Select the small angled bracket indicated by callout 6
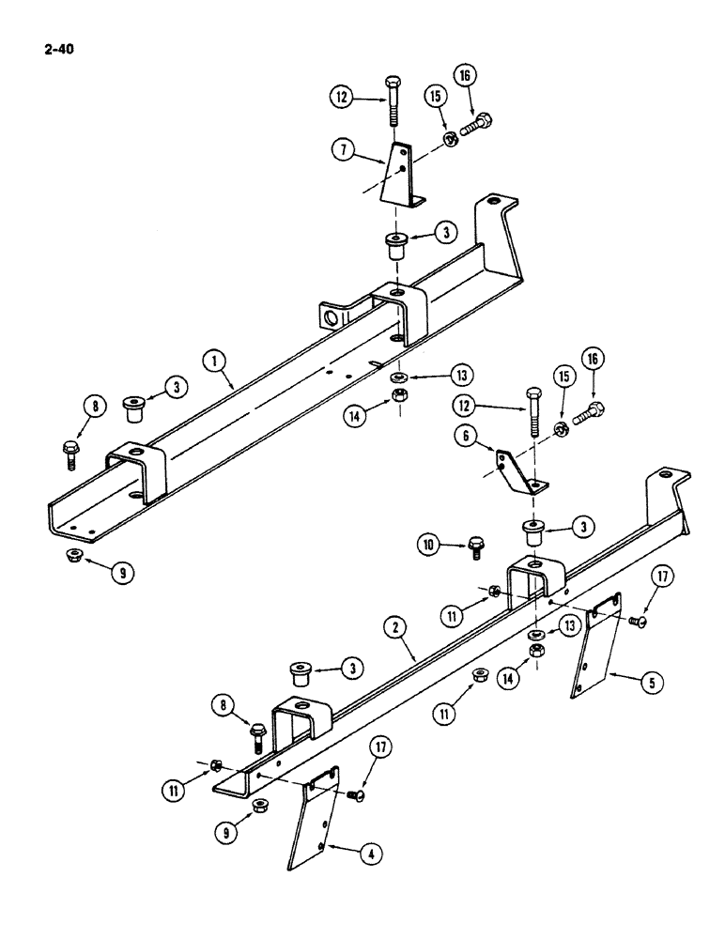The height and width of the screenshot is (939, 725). [518, 472]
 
